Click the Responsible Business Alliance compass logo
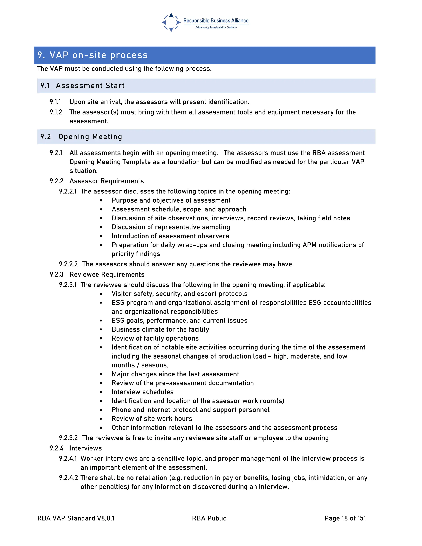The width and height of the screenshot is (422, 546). (x=171, y=22)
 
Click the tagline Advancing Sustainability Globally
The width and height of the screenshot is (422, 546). (x=216, y=27)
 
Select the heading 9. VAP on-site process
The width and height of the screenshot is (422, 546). (x=93, y=55)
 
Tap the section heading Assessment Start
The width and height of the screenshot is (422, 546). (x=90, y=86)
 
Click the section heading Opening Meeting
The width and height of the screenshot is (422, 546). (x=90, y=137)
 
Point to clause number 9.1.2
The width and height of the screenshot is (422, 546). (x=56, y=112)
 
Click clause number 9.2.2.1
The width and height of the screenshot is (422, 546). (x=68, y=191)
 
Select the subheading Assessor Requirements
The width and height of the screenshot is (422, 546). (x=107, y=181)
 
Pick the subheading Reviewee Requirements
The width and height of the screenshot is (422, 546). (x=107, y=274)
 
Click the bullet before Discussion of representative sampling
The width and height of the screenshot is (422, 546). (x=101, y=227)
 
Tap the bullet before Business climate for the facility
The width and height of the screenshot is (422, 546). (x=101, y=329)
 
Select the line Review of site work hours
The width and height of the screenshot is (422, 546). (x=152, y=418)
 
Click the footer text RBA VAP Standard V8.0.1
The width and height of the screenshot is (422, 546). (x=76, y=518)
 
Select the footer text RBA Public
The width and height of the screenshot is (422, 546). (x=209, y=518)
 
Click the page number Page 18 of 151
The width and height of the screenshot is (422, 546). (x=345, y=518)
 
